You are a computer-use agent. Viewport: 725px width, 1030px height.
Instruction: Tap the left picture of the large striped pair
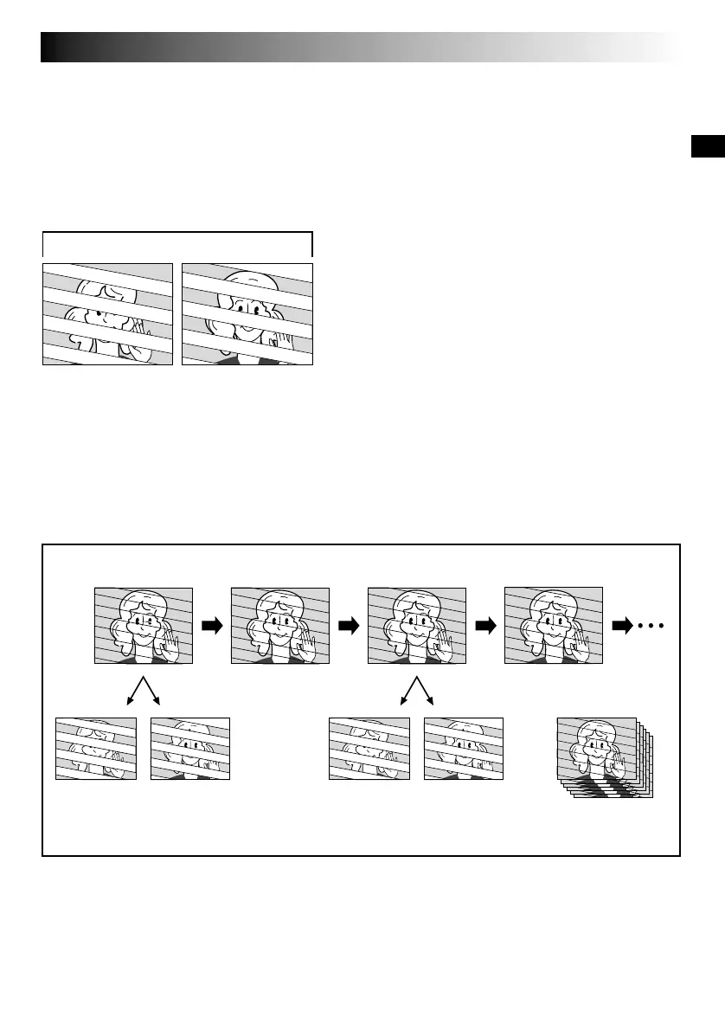tap(108, 313)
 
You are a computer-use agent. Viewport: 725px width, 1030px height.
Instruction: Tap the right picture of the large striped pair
tap(247, 313)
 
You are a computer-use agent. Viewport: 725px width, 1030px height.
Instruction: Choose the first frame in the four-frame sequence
tap(142, 626)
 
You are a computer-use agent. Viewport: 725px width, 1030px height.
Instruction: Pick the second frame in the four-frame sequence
tap(280, 626)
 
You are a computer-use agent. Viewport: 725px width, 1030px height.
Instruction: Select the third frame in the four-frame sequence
tap(416, 626)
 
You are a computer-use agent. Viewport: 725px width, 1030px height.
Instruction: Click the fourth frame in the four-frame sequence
tap(554, 626)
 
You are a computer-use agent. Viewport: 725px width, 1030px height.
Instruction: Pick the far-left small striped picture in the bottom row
tap(96, 748)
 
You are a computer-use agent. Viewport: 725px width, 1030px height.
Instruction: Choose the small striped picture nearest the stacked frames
tap(464, 748)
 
